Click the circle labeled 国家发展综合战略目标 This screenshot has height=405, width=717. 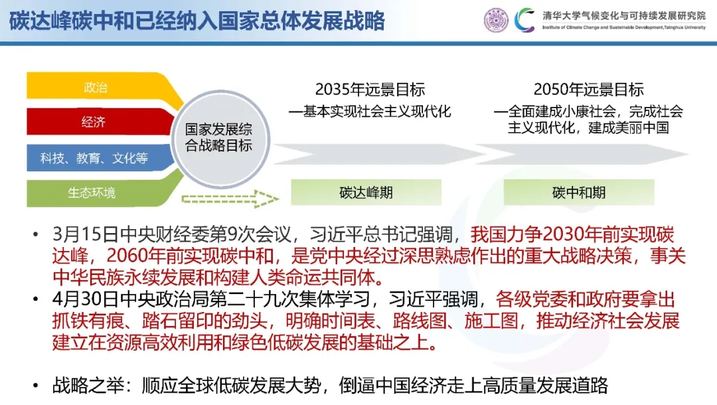(220, 138)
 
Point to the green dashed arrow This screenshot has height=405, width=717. (230, 199)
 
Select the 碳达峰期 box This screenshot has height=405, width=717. (366, 193)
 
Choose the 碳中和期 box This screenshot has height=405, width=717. (578, 193)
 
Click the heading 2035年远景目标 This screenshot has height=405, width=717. (370, 89)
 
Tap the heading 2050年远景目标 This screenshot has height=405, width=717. (588, 89)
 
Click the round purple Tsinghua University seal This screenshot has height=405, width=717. (496, 20)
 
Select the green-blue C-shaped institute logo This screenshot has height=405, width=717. (524, 20)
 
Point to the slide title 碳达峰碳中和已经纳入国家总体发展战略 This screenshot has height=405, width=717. (197, 21)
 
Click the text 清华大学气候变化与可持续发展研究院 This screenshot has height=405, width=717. (624, 15)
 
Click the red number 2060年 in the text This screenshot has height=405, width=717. (136, 256)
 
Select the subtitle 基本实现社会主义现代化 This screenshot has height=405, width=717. (377, 111)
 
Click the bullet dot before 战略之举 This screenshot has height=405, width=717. (36, 386)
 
